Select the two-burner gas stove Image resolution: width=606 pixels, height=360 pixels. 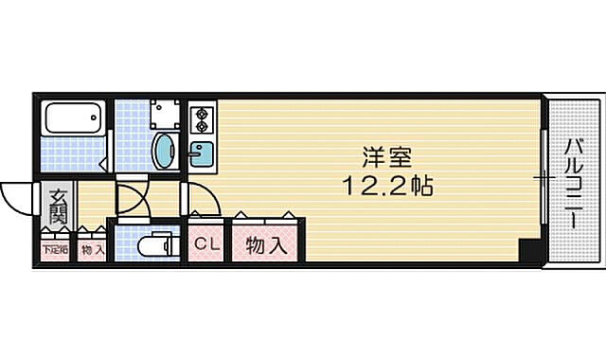point(201,119)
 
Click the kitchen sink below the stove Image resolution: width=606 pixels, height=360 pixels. point(201,153)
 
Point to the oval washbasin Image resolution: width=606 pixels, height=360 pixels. point(165,150)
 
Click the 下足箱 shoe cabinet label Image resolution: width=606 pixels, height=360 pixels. point(53,250)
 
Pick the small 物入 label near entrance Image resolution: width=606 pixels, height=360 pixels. point(91,250)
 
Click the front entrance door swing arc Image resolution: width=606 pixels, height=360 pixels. point(16,196)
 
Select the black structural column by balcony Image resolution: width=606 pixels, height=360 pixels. point(530,252)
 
